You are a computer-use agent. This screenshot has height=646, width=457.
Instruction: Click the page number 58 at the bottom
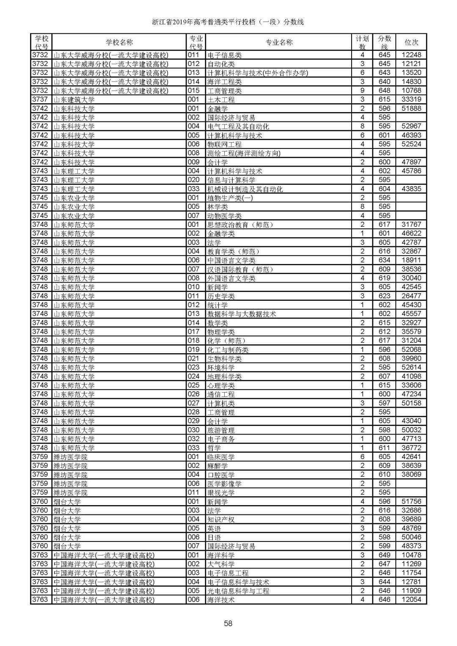point(228,623)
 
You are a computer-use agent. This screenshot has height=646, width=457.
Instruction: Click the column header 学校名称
point(119,42)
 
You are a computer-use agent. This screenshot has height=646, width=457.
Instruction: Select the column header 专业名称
point(279,42)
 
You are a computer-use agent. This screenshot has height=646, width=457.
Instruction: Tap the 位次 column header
point(411,42)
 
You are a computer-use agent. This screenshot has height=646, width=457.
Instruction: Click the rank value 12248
point(411,55)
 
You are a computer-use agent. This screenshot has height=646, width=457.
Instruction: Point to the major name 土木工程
point(221,99)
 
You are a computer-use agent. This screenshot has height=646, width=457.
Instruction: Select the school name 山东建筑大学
point(74,99)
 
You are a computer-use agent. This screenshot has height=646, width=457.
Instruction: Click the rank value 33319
point(411,99)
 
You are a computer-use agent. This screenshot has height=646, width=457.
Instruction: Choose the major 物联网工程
point(224,144)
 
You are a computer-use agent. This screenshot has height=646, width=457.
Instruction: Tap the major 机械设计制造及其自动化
point(245,189)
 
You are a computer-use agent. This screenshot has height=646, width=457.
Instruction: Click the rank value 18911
point(411,260)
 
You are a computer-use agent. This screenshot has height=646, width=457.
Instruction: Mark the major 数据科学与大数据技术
point(242,314)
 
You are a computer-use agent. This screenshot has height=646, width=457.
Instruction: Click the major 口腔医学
point(221,475)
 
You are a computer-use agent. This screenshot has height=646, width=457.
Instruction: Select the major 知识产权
point(221,520)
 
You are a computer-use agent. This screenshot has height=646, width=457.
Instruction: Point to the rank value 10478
point(411,555)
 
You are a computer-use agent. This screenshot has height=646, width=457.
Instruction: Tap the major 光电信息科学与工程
point(238,591)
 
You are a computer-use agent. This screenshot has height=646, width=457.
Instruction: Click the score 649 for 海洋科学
point(384,555)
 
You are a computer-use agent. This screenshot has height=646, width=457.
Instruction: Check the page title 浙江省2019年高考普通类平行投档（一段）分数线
point(228,22)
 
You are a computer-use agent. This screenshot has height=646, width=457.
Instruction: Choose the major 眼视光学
point(221,492)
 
